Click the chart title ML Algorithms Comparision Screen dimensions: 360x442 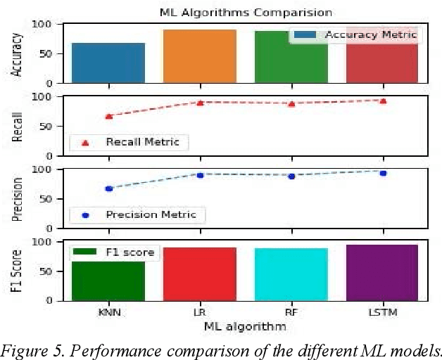[246, 13]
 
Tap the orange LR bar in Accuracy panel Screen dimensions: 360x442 [200, 56]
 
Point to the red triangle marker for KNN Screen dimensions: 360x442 [109, 116]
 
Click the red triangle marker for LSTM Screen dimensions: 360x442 [383, 101]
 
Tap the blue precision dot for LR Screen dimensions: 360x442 [200, 174]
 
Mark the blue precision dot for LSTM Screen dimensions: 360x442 [383, 172]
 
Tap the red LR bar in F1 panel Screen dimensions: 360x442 [200, 274]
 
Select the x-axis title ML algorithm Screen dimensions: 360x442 [245, 326]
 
